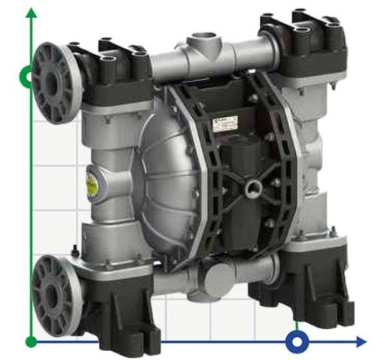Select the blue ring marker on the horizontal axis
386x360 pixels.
pos(298,342)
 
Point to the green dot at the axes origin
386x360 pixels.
pos(31,342)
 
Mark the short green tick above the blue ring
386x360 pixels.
pos(298,325)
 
